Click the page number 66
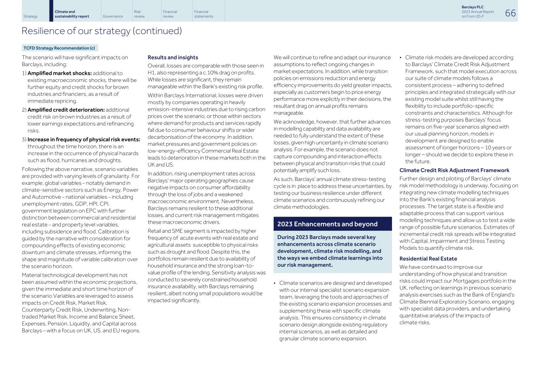tap(510, 13)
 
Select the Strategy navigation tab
tap(30, 16)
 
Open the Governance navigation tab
tap(113, 16)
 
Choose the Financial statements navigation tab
tap(204, 14)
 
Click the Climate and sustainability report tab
tap(72, 14)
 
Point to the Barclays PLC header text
tap(472, 7)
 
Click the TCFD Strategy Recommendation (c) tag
tap(59, 48)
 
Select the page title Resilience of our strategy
tap(102, 31)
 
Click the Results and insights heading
tap(173, 57)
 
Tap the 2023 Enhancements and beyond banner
tap(328, 224)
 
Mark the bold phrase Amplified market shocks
tap(60, 73)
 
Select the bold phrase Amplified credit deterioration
tap(66, 110)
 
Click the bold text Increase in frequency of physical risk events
tap(84, 139)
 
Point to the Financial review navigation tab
tap(170, 14)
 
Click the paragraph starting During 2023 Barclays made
tap(330, 251)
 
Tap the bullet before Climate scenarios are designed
tap(275, 283)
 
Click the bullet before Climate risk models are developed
tap(401, 58)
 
